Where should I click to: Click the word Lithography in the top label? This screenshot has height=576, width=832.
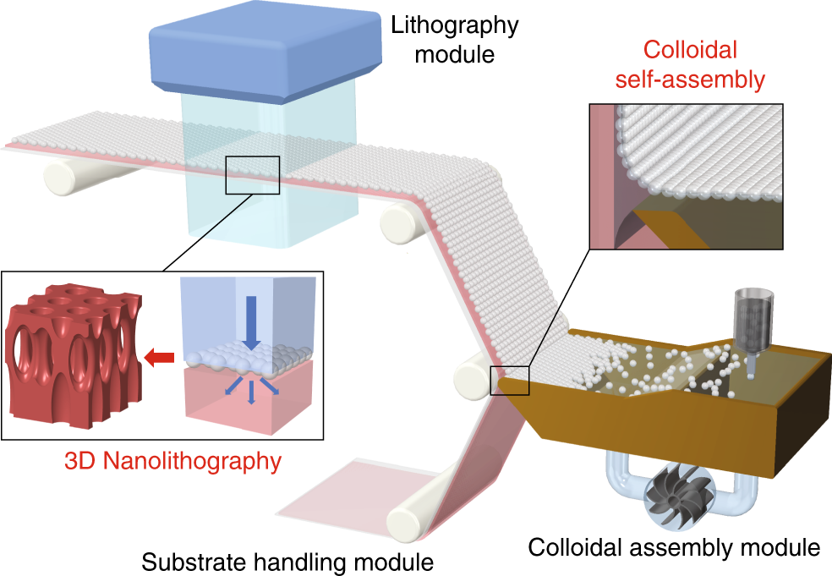pyautogui.click(x=453, y=25)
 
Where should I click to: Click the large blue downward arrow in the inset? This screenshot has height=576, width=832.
pyautogui.click(x=251, y=321)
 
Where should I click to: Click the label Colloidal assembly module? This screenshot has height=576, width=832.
pyautogui.click(x=674, y=547)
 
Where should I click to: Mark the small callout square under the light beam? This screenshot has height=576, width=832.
pyautogui.click(x=251, y=175)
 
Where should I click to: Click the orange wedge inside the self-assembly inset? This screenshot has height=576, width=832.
pyautogui.click(x=677, y=226)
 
